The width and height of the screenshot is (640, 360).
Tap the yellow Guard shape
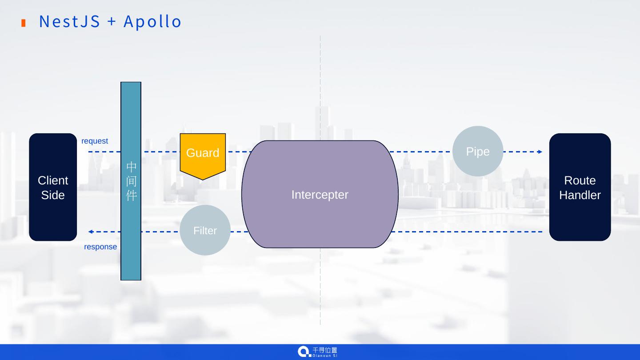pyautogui.click(x=203, y=153)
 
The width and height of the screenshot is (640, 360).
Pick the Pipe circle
pyautogui.click(x=478, y=152)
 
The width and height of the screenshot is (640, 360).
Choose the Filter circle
pyautogui.click(x=205, y=230)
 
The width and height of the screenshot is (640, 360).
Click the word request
pyautogui.click(x=95, y=141)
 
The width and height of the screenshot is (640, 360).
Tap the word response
pyautogui.click(x=100, y=247)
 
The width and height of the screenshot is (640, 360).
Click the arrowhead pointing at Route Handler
pyautogui.click(x=540, y=152)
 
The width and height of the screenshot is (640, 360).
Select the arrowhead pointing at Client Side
pyautogui.click(x=91, y=232)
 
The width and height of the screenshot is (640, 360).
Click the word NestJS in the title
pyautogui.click(x=69, y=21)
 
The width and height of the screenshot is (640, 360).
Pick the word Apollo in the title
pyautogui.click(x=152, y=21)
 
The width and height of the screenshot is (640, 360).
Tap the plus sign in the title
pyautogui.click(x=112, y=21)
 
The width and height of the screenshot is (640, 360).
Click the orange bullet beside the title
pyautogui.click(x=24, y=23)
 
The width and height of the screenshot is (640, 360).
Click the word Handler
pyautogui.click(x=580, y=195)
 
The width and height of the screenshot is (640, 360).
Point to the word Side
pyautogui.click(x=53, y=195)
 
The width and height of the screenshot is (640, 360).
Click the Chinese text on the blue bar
pyautogui.click(x=131, y=181)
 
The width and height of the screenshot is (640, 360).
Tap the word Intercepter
pyautogui.click(x=320, y=195)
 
